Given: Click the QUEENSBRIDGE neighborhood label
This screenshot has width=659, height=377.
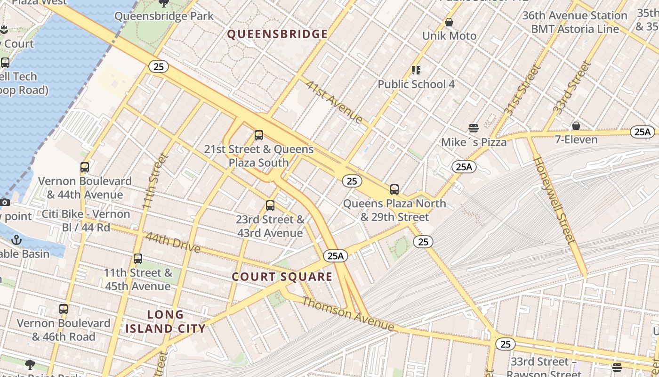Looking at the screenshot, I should click(277, 34).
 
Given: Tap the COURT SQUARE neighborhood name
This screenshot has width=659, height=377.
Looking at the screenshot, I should click(282, 277).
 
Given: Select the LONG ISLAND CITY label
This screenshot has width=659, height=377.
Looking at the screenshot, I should click(165, 321).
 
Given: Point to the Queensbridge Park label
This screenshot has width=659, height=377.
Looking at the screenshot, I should click(164, 16).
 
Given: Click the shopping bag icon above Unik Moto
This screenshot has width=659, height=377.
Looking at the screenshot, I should click(449, 22).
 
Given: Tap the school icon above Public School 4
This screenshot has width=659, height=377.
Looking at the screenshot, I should click(416, 70).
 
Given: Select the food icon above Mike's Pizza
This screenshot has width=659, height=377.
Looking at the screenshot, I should click(474, 128).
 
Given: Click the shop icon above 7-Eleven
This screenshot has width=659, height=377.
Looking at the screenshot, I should click(576, 126).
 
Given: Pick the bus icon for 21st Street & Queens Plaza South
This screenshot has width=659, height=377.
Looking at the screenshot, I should click(258, 135).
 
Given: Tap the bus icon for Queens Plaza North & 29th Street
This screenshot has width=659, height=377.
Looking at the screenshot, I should click(394, 189).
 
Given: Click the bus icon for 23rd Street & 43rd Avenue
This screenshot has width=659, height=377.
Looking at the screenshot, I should click(270, 205).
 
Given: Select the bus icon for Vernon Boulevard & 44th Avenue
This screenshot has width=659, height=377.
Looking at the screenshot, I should click(85, 167).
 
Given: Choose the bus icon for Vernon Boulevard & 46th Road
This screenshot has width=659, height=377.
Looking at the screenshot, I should click(64, 309).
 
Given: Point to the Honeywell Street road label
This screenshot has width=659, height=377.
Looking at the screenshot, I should click(554, 200).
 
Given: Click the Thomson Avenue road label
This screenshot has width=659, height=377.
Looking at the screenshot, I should click(348, 313).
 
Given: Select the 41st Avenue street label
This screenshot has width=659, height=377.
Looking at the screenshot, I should click(334, 101).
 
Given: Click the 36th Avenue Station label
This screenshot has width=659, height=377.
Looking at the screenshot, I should click(575, 16).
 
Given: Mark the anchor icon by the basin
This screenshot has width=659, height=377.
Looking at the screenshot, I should click(17, 239).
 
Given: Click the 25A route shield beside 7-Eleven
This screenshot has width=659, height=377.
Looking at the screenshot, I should click(642, 132).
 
